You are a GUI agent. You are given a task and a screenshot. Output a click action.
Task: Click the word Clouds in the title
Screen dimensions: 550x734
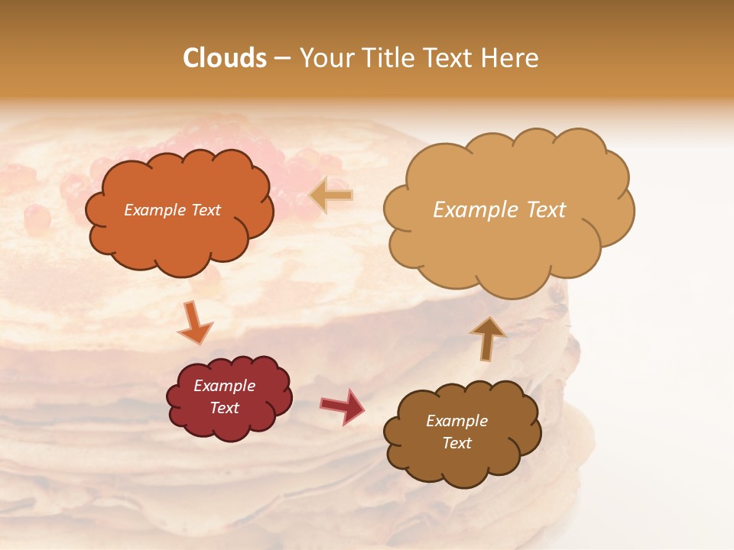coord(225,58)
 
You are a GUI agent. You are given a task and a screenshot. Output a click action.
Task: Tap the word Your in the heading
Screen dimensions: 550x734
coord(326,58)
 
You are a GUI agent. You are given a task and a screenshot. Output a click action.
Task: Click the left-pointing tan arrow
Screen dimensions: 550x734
coord(332,196)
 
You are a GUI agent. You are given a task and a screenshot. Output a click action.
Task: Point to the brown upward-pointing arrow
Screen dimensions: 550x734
coord(487,338)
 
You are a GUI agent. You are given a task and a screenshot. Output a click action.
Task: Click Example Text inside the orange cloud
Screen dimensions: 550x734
coord(172,210)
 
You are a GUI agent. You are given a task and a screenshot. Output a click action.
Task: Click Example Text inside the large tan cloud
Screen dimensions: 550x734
coord(499,210)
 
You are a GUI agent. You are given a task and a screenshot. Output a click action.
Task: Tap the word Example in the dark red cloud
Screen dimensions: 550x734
coord(224,386)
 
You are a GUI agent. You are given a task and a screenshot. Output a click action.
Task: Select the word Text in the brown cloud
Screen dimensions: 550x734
coord(456,443)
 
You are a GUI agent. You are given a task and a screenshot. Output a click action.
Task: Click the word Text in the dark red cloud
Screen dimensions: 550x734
coord(224,408)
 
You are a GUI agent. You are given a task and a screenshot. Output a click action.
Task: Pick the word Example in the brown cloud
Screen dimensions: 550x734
coord(456,421)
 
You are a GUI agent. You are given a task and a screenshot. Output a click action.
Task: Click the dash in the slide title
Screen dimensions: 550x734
coord(281,58)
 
